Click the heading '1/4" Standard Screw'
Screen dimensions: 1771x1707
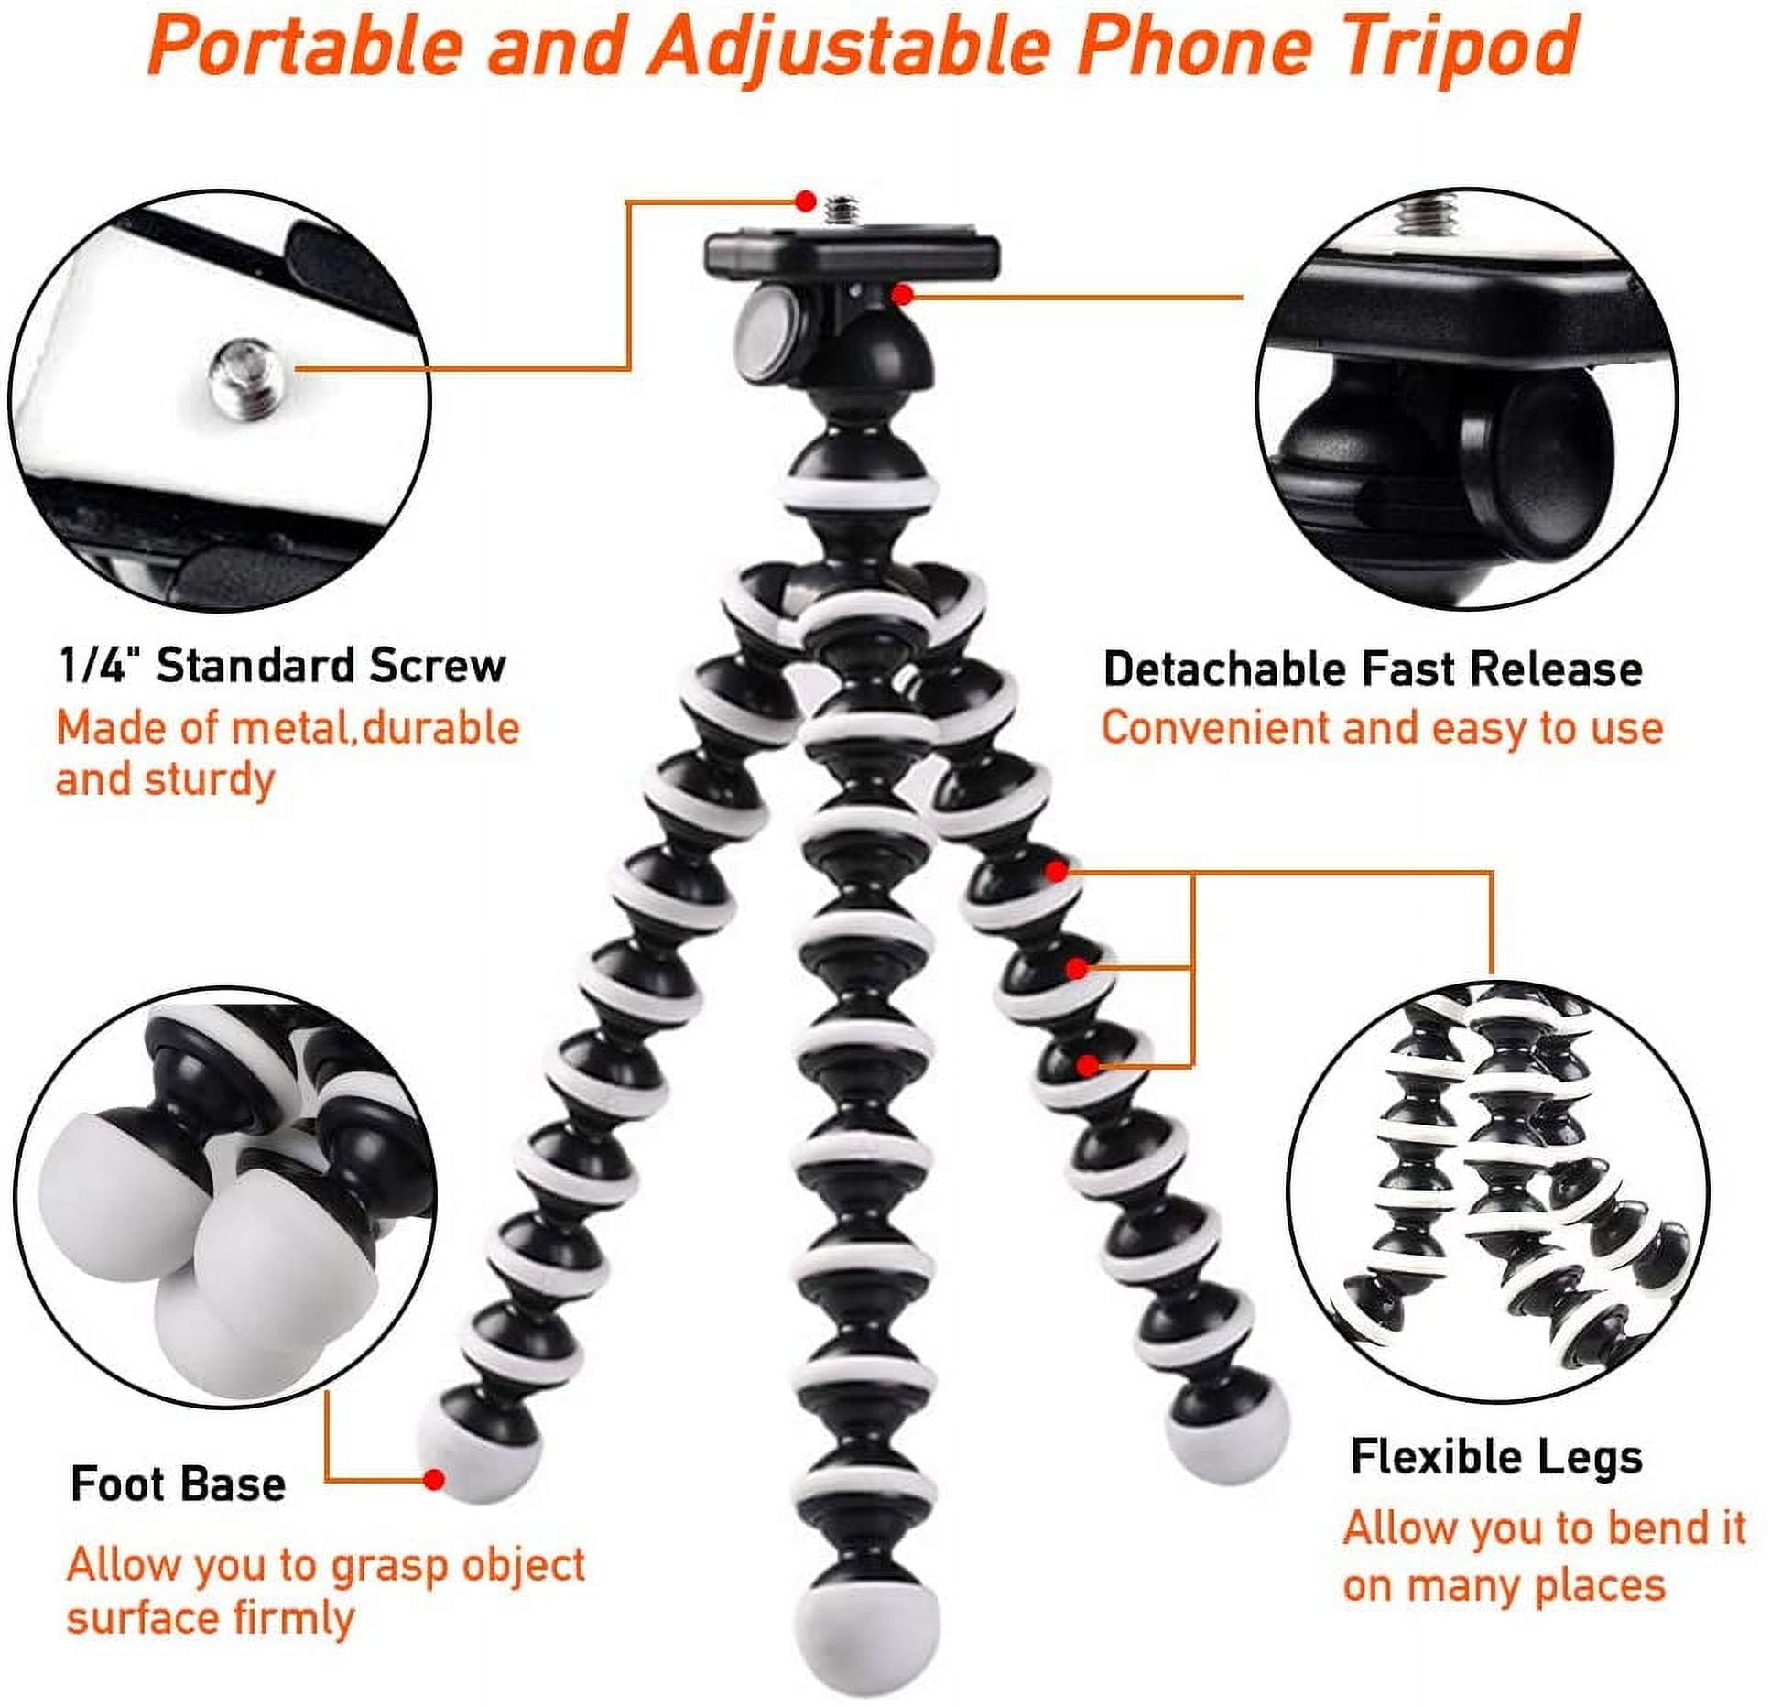click(282, 666)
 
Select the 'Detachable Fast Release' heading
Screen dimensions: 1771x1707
click(1372, 669)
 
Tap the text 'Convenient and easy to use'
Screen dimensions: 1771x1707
click(1382, 729)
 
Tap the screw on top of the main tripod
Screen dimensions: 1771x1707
click(842, 212)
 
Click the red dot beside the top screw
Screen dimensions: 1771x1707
click(805, 201)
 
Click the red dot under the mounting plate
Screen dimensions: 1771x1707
click(903, 294)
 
